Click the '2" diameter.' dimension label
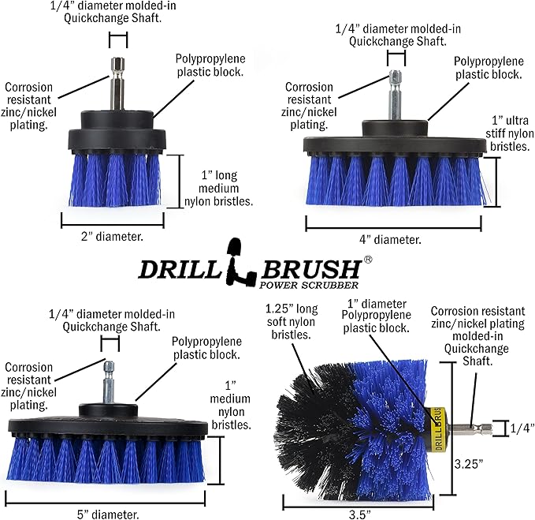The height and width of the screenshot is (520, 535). coord(113,235)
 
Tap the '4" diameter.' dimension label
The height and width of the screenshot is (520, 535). coord(391,239)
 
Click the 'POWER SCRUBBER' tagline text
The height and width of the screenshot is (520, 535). coord(311,284)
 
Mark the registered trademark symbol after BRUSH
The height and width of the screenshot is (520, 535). coord(368,258)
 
